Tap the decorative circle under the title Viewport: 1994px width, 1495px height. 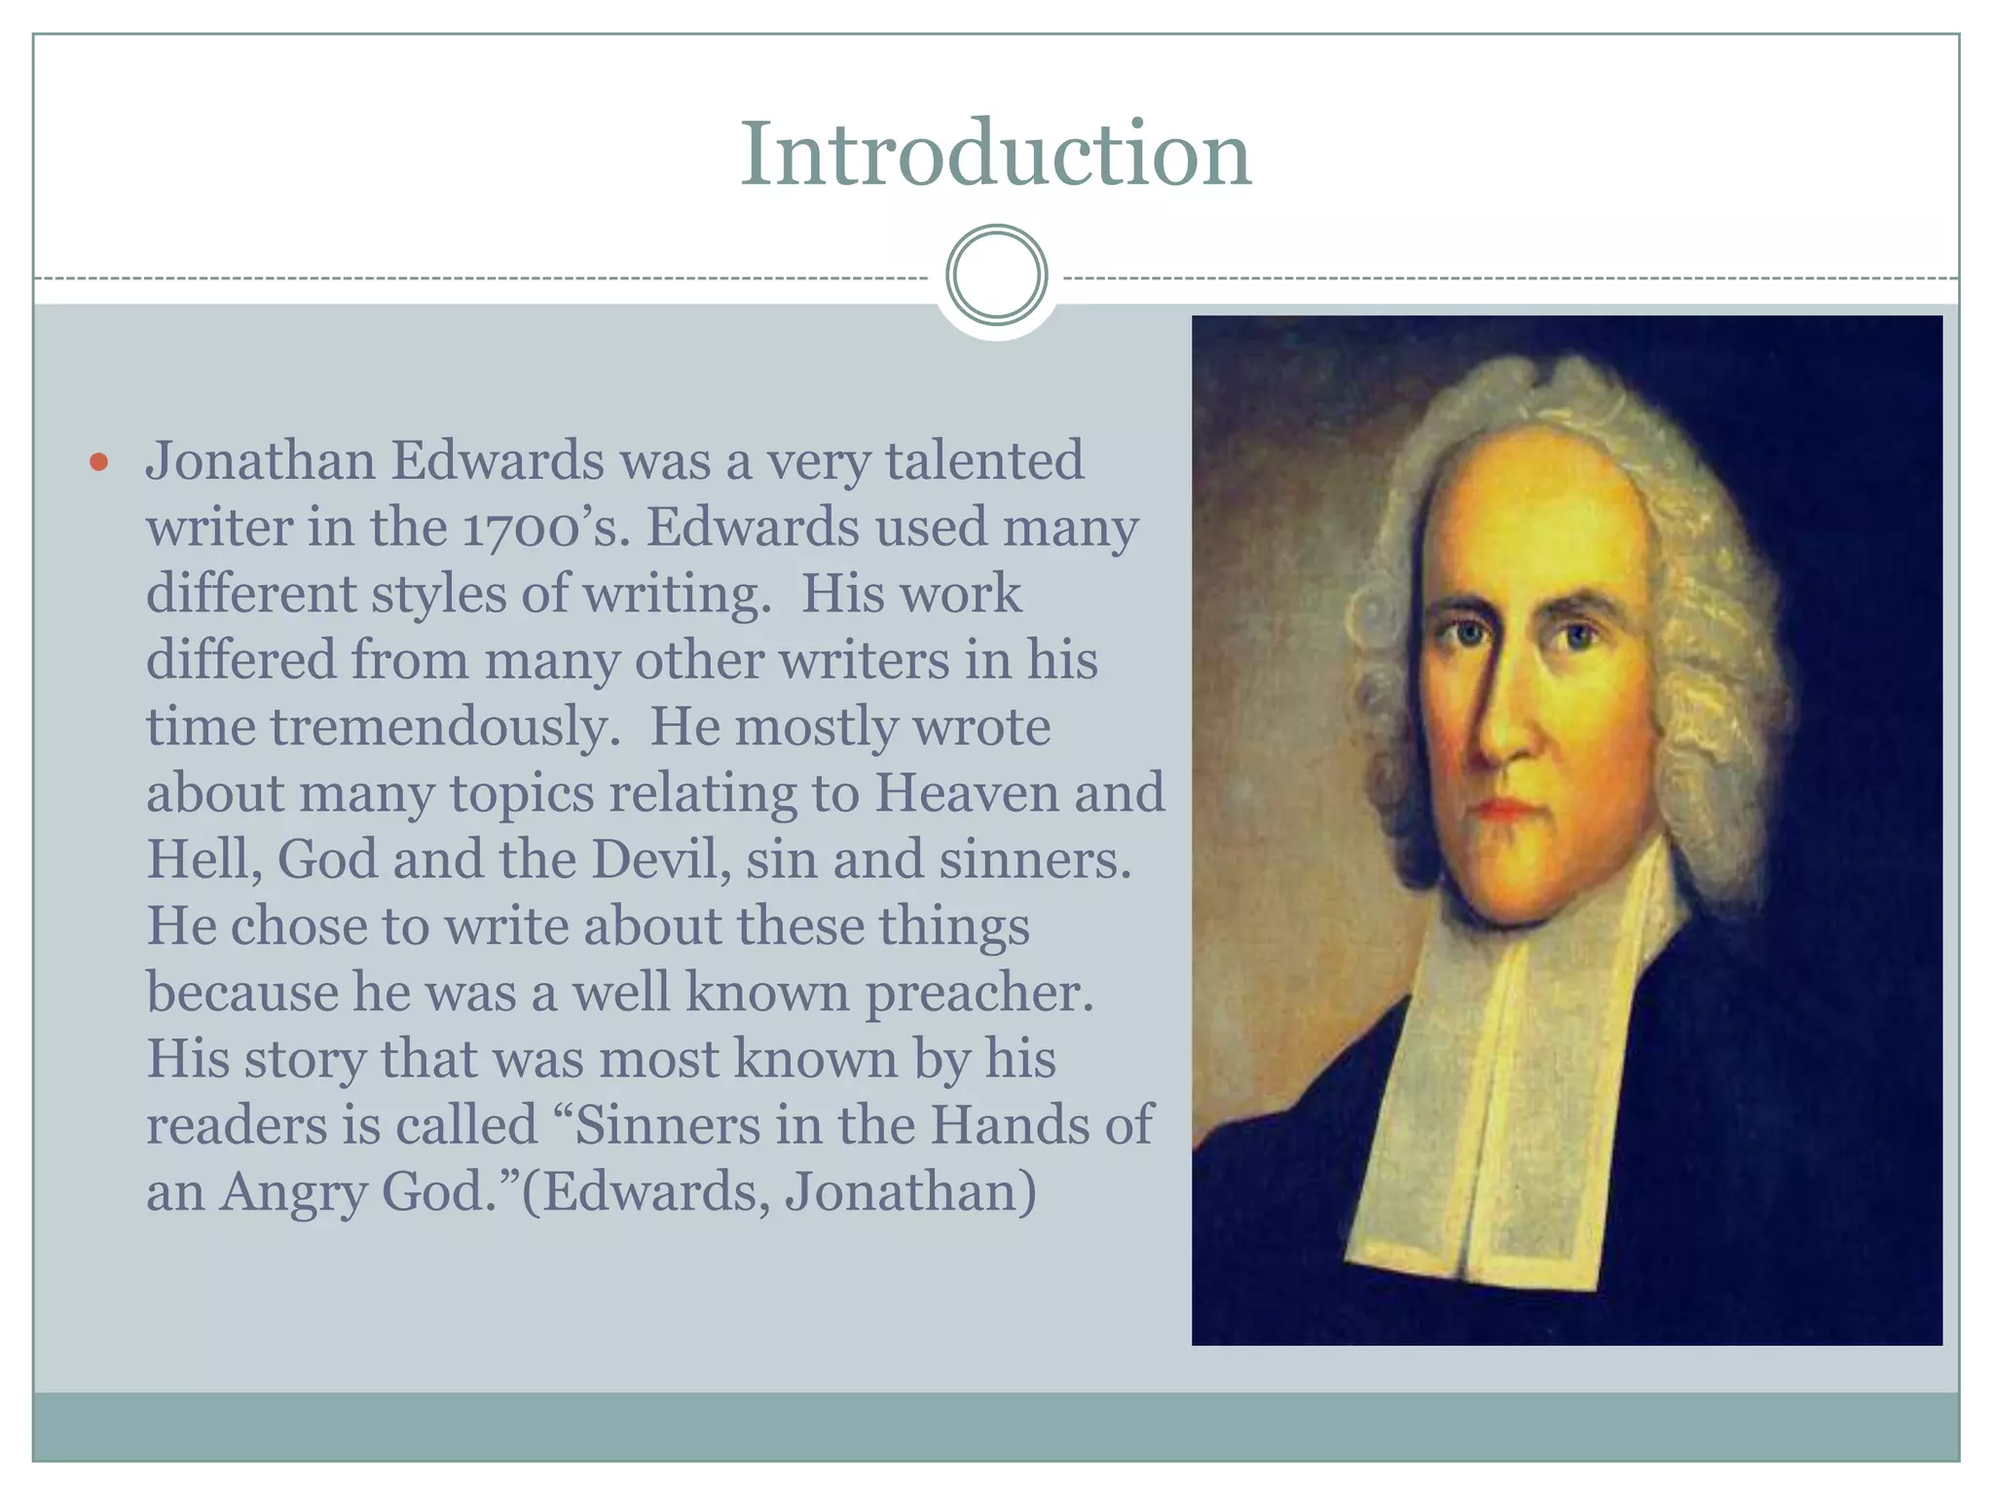(996, 275)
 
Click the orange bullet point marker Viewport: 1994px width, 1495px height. (97, 462)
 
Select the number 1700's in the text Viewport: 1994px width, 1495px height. (540, 529)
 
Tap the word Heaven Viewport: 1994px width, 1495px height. (965, 792)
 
